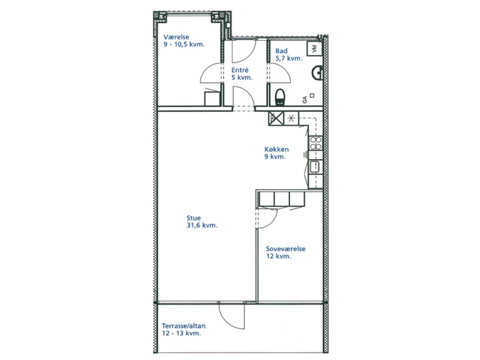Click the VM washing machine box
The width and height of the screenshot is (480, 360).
(x=314, y=48)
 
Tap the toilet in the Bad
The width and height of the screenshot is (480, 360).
(x=280, y=98)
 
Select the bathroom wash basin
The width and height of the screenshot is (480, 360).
(x=317, y=73)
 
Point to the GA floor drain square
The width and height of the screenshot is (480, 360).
(x=312, y=95)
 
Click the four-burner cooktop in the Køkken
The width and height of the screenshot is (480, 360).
(x=316, y=143)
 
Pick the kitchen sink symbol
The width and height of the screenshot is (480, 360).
(x=315, y=167)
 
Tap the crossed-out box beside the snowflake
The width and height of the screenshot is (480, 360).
(x=276, y=118)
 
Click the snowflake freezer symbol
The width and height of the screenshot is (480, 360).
(x=291, y=118)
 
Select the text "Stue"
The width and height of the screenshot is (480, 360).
(x=194, y=218)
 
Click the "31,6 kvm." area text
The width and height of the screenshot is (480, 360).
(x=202, y=225)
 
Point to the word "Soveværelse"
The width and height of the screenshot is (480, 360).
(x=286, y=249)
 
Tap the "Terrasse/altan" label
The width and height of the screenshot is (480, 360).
(x=184, y=326)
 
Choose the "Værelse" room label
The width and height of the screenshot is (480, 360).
(x=176, y=37)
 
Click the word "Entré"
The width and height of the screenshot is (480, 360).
(x=240, y=70)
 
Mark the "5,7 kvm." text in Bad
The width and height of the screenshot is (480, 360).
(x=289, y=58)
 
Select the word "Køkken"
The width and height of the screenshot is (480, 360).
(x=276, y=149)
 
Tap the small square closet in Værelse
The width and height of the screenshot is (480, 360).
(x=212, y=99)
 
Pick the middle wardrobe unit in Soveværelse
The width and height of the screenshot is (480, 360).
(x=281, y=198)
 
